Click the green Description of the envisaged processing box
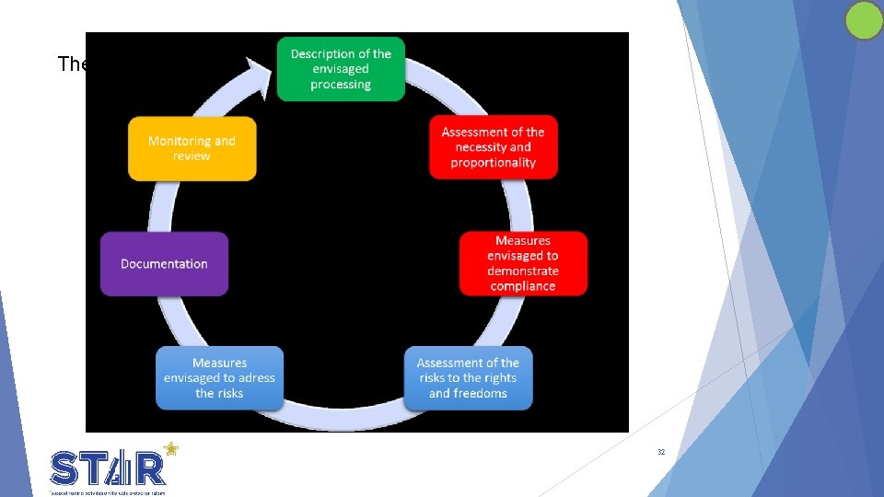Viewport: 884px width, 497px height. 341,69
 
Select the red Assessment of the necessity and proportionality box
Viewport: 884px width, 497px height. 493,147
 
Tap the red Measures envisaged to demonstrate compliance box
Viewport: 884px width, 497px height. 523,263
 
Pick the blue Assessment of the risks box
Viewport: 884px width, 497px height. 468,378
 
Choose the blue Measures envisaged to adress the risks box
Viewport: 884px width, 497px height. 219,378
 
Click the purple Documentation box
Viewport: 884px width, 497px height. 164,264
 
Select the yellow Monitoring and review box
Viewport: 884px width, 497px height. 192,148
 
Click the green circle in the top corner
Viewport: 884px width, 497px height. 864,20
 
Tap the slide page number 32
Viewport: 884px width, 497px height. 661,453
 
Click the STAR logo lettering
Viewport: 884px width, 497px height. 109,468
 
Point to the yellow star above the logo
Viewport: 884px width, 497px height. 170,450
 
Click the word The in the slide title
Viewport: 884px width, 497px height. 71,64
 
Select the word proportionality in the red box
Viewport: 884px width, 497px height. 493,163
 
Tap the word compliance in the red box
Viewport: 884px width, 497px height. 523,286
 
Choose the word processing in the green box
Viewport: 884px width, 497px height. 341,85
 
